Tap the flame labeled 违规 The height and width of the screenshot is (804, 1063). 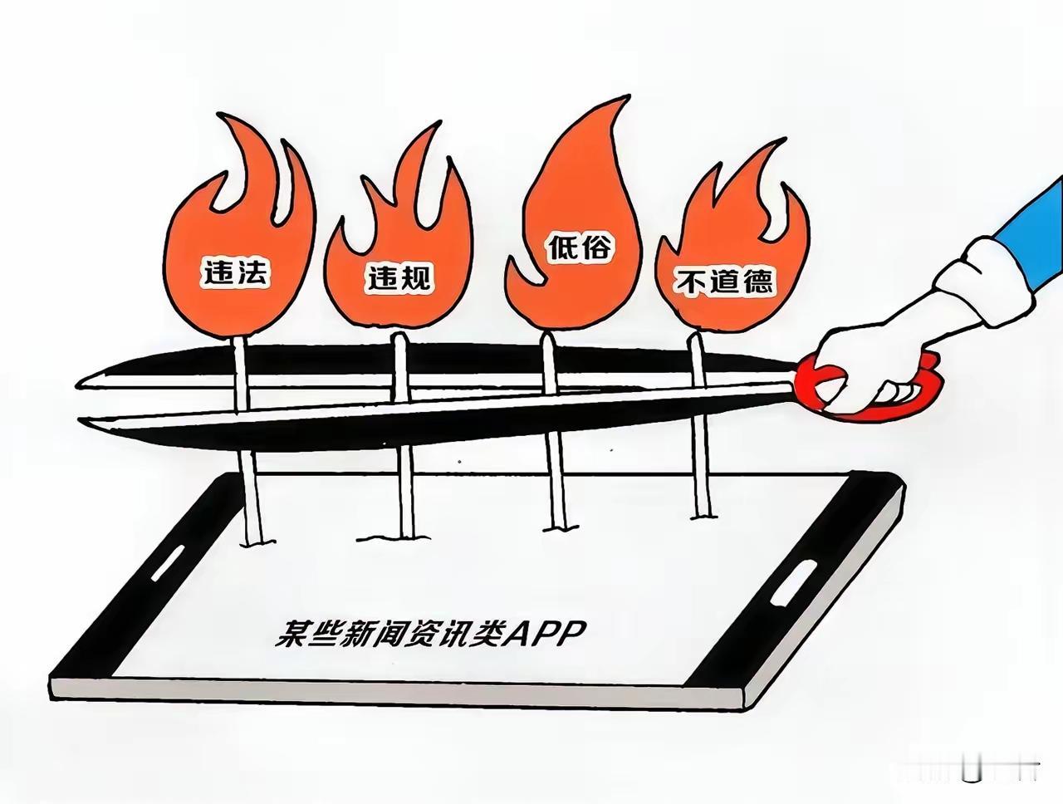pos(399,257)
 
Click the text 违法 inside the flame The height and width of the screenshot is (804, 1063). pos(235,272)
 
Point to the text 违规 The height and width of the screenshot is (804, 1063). pos(399,278)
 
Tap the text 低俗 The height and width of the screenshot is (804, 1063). pos(580,247)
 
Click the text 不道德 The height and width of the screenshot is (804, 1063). pos(726,283)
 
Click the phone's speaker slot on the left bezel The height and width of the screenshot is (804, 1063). pos(169,563)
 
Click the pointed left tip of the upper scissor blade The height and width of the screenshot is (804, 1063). pos(79,384)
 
